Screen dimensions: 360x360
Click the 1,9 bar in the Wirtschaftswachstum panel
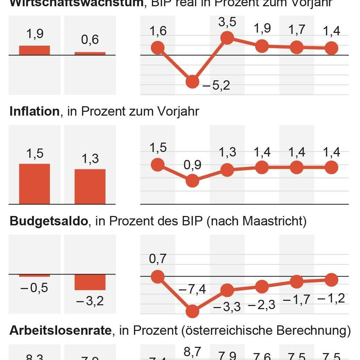(34, 50)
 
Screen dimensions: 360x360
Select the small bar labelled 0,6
(90, 53)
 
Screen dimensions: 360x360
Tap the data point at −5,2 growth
(192, 82)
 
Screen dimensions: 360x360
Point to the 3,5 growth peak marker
(227, 37)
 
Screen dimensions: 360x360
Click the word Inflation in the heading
(35, 111)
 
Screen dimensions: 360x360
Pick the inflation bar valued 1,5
(34, 184)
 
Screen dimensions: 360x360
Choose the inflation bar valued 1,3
(90, 187)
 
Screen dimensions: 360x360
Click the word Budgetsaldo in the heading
(49, 221)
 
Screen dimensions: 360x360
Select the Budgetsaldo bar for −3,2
(90, 282)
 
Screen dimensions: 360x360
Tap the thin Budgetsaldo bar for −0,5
(34, 275)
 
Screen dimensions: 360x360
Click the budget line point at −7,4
(192, 312)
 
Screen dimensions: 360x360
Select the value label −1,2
(331, 298)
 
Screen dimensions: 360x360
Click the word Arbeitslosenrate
(61, 331)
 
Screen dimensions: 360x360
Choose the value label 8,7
(192, 352)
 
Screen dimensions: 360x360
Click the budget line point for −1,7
(296, 281)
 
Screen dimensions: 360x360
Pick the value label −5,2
(216, 85)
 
